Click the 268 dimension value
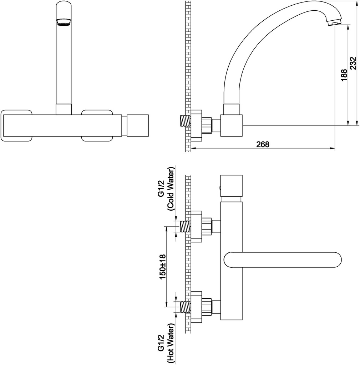262,144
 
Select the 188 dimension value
344,76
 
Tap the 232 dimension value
353,65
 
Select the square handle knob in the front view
137,126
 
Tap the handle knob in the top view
232,185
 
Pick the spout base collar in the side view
232,109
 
